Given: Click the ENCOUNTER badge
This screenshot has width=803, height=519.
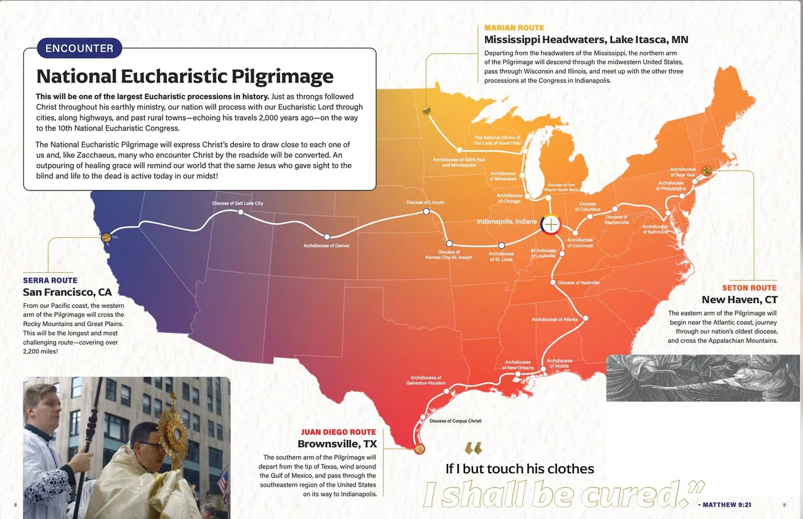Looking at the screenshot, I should [x=79, y=48].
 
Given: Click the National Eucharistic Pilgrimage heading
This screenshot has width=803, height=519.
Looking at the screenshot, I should [x=185, y=76].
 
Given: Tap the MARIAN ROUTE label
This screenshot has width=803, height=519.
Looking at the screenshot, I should [x=514, y=28].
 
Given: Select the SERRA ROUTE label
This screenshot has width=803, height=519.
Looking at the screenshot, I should [x=50, y=280].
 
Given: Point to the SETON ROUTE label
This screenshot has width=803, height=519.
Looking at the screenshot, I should [x=749, y=288].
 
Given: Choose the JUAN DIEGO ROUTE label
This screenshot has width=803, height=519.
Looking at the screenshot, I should [x=338, y=432].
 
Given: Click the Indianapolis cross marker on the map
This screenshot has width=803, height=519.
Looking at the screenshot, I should [x=551, y=224].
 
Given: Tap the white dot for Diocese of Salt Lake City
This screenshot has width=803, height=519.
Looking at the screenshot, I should [x=241, y=212].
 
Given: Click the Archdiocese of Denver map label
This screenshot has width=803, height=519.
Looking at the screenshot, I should [x=326, y=246].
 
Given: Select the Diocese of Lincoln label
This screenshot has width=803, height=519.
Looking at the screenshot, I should [x=425, y=202].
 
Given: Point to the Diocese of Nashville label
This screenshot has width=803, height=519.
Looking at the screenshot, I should [x=578, y=283].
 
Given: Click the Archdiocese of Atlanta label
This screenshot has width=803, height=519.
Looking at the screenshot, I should [x=555, y=319].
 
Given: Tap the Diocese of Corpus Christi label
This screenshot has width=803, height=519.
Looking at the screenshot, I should [x=455, y=421].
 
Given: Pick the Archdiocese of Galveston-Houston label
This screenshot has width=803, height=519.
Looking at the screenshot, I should [x=426, y=380].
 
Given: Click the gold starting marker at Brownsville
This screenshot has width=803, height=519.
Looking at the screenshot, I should [x=420, y=449].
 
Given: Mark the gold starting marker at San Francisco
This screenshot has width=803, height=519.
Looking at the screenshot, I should [x=106, y=237].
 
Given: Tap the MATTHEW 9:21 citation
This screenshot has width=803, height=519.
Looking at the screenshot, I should [x=725, y=505].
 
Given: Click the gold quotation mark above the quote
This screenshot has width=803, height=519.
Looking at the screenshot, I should [x=473, y=449].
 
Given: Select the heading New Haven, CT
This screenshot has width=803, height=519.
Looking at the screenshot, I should [x=740, y=300].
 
